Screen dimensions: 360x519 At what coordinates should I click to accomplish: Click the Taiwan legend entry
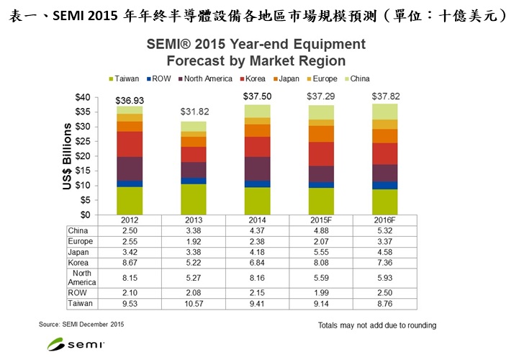[125, 78]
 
